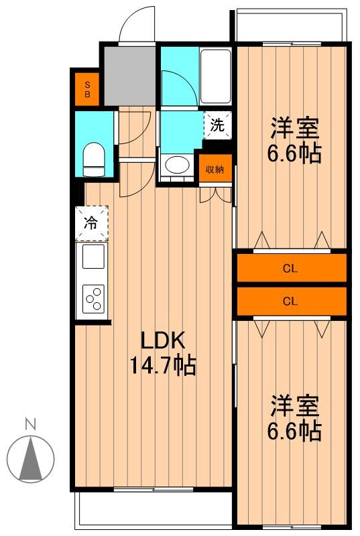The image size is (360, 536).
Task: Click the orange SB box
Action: pos(86,88)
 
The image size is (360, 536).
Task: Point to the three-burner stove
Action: pos(93,299)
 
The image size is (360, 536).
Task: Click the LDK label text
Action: pos(161,341)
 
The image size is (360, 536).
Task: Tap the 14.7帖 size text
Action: pos(162,366)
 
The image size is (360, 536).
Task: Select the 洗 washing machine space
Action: pos(217,125)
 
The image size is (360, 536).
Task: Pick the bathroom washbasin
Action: pos(176,165)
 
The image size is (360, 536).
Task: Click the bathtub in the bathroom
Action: pos(215,76)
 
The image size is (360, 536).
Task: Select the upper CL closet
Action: pos(290,269)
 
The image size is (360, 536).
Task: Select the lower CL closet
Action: pos(290,301)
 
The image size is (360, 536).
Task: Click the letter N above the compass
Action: pos(29,423)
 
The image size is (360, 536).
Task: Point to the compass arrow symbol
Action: pos(29,459)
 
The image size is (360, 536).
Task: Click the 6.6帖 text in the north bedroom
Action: pos(294,153)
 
